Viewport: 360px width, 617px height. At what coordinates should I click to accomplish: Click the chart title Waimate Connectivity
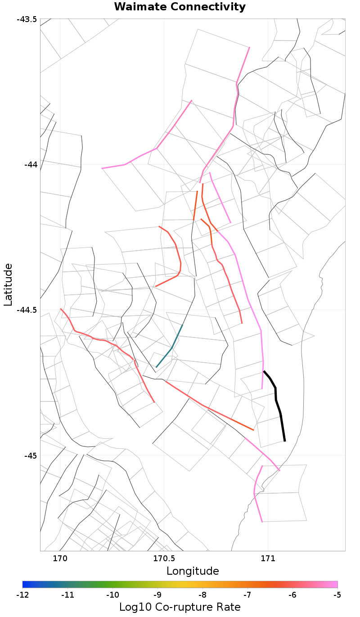(x=180, y=7)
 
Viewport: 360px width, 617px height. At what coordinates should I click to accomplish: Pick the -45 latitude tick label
(x=29, y=455)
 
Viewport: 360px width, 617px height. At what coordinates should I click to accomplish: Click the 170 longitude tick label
(x=60, y=559)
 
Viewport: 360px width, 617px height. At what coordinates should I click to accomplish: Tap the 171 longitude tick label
(x=268, y=559)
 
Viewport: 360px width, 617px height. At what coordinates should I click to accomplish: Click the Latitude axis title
(x=9, y=285)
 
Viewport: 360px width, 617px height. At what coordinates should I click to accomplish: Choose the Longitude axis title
(x=193, y=572)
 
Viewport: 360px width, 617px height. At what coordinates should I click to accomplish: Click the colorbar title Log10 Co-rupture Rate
(x=180, y=607)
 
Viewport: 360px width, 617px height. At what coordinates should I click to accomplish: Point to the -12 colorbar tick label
(x=22, y=595)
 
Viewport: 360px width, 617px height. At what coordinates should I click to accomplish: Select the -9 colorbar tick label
(x=157, y=595)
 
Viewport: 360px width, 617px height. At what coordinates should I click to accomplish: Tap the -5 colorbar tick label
(x=337, y=595)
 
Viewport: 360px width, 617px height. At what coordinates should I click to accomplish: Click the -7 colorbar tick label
(x=247, y=595)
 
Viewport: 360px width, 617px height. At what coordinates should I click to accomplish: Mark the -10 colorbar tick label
(x=112, y=595)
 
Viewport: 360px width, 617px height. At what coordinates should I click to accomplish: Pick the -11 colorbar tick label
(x=67, y=595)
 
